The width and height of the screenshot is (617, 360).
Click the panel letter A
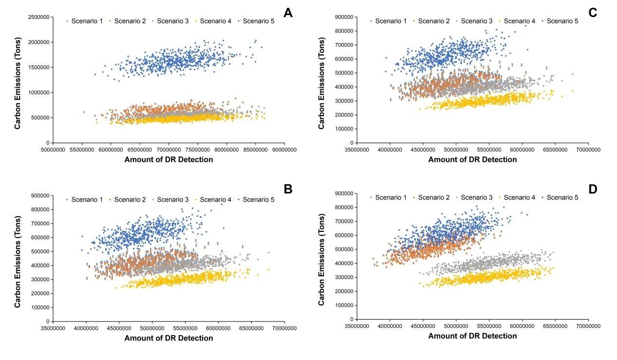(x=288, y=13)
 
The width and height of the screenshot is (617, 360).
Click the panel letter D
(x=592, y=189)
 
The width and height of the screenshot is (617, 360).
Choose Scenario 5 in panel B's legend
(x=259, y=199)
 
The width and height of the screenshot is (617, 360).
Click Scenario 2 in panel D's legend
(x=434, y=197)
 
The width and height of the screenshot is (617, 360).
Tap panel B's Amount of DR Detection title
(x=168, y=338)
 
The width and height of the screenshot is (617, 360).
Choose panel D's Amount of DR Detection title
(x=472, y=336)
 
